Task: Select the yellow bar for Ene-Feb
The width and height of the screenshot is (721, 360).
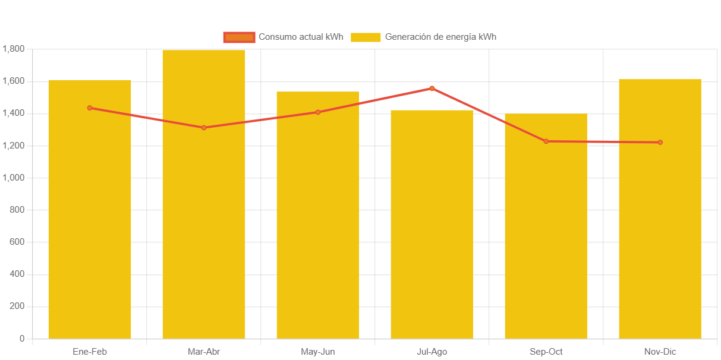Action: coord(89,226)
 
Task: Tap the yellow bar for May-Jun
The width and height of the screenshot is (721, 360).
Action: coord(317,226)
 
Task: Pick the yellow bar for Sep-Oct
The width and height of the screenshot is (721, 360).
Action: coord(546,238)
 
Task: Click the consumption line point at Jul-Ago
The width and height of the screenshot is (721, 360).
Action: coord(432,89)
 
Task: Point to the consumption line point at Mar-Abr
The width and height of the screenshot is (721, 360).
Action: coord(203,128)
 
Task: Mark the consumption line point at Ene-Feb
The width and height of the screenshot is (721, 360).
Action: coord(90,108)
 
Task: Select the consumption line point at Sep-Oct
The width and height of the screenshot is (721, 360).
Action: coord(546,141)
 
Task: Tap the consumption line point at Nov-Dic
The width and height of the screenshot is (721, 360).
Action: coord(660,143)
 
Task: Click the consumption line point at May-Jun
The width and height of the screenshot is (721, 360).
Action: coord(318,112)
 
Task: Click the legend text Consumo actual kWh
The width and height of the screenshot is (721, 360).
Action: coord(301,37)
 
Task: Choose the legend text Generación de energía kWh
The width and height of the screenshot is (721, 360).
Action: coord(440,37)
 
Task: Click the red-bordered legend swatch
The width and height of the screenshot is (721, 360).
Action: coord(239,37)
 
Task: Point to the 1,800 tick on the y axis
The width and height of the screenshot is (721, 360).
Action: coord(13,49)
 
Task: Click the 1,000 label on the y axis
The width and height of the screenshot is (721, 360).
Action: coord(13,178)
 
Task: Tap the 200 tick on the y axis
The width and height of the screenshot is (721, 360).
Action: coord(17,307)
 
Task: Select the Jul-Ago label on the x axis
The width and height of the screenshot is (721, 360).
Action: coord(432,352)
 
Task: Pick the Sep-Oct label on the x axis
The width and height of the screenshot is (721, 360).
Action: coord(546,352)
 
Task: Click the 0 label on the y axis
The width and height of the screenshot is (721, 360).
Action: coord(22,339)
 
